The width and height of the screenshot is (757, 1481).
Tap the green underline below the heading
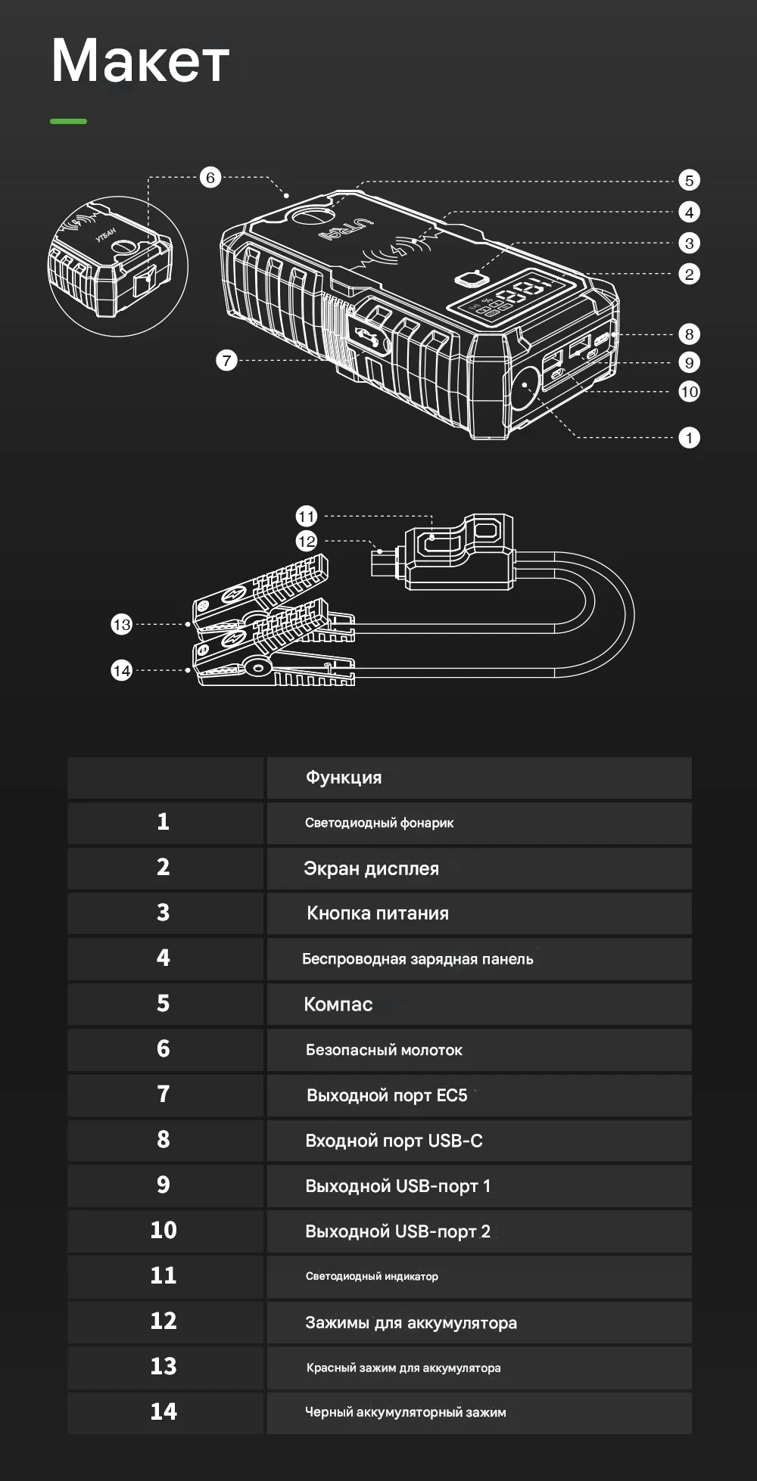coord(68,121)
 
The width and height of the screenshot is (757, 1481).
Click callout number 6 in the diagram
coord(210,178)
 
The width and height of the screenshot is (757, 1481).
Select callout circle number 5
coord(689,180)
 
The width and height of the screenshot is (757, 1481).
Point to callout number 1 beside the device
coord(689,437)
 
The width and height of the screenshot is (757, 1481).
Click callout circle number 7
coord(226,360)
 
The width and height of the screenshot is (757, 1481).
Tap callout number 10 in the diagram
coord(689,391)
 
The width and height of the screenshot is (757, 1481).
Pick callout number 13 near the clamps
coord(121,624)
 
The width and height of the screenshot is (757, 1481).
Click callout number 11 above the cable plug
coord(306,517)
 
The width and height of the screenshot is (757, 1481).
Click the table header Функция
coord(344,778)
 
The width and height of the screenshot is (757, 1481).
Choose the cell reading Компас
coord(338,1004)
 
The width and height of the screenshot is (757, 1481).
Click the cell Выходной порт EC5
coord(387,1095)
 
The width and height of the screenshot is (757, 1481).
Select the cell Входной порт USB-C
coord(394,1141)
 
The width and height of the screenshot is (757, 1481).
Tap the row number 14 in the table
coord(164,1411)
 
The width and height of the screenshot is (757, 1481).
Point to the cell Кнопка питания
coord(378,913)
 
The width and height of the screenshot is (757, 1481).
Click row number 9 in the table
coord(164,1184)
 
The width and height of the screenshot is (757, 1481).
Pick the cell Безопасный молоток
coord(384,1050)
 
